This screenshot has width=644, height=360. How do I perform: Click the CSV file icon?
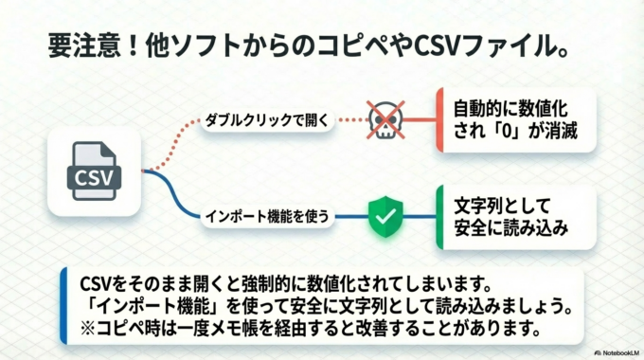[x=94, y=171]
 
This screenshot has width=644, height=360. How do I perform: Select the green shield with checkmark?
[x=384, y=216]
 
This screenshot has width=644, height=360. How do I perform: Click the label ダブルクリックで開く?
[x=268, y=120]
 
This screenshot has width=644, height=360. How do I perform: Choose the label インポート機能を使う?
[x=268, y=216]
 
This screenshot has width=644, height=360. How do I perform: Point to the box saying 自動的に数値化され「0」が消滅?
[x=516, y=119]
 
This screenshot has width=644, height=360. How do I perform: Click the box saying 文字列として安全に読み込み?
[x=516, y=216]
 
